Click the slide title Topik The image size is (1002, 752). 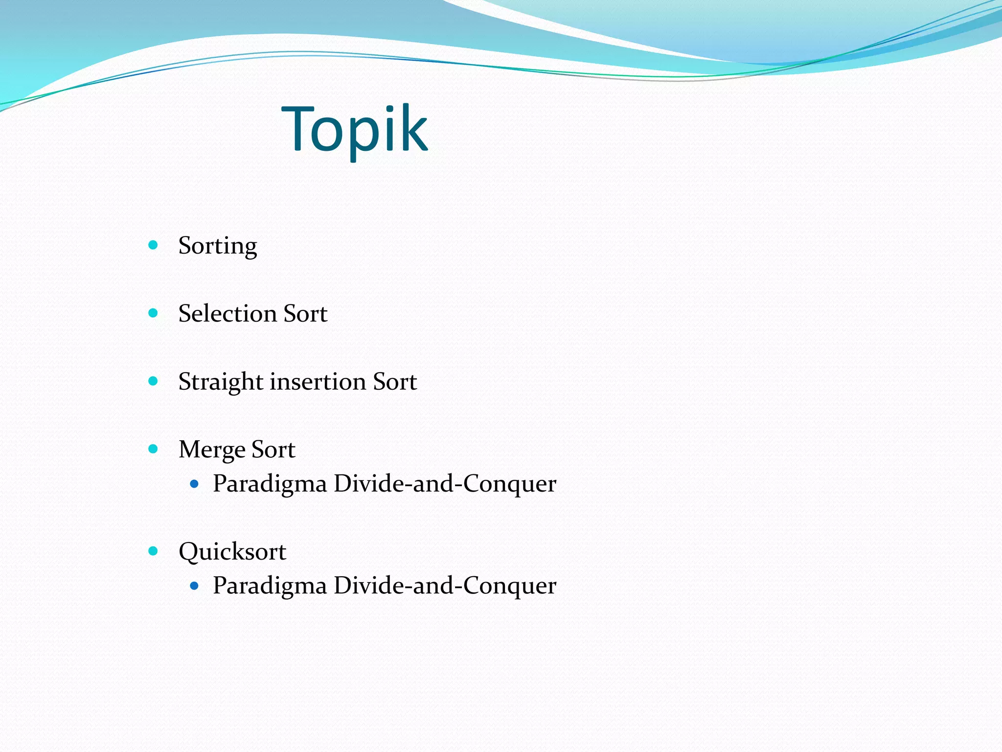[x=355, y=130]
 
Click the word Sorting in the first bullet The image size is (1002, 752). [x=217, y=245]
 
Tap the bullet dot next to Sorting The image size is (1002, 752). [x=153, y=245]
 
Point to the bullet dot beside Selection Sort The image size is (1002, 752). [x=153, y=313]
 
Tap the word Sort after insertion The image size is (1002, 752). [x=395, y=381]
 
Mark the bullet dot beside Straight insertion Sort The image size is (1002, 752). [x=153, y=381]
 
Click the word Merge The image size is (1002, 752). [x=212, y=450]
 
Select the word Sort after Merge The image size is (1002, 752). [x=273, y=449]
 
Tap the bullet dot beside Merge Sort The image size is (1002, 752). [x=153, y=449]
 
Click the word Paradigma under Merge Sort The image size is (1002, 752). [x=270, y=484]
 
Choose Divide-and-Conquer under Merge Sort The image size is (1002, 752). [x=445, y=484]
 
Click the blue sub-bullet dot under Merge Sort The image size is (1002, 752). [x=195, y=484]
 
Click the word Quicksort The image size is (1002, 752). [x=232, y=552]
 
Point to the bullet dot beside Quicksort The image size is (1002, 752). [x=153, y=551]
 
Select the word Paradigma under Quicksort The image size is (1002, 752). [x=270, y=586]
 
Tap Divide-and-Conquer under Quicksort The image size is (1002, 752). [x=445, y=586]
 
